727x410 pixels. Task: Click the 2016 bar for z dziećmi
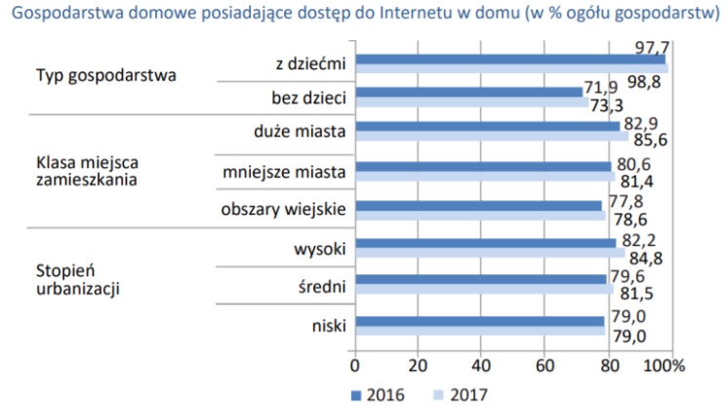[x=507, y=60]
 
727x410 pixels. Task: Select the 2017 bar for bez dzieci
[x=468, y=102]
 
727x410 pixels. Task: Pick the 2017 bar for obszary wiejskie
[x=478, y=214]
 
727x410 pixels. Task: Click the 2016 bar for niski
[x=479, y=320]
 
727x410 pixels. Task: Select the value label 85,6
[x=649, y=140]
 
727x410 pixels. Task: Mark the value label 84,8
[x=647, y=259]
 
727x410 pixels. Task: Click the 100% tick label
[x=664, y=366]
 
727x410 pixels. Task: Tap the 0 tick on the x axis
[x=354, y=366]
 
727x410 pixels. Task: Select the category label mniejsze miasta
[x=283, y=172]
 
